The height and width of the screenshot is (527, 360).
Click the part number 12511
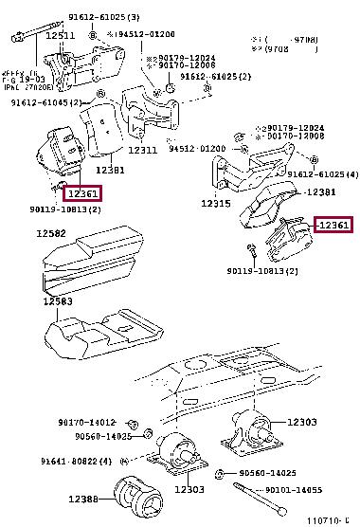point(60,35)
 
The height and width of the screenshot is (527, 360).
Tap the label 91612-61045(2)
point(53,103)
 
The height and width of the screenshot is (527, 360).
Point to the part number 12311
point(142,150)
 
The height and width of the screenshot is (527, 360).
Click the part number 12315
point(216,203)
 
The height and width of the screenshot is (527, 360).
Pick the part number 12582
point(53,233)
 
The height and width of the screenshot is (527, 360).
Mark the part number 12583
point(56,301)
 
